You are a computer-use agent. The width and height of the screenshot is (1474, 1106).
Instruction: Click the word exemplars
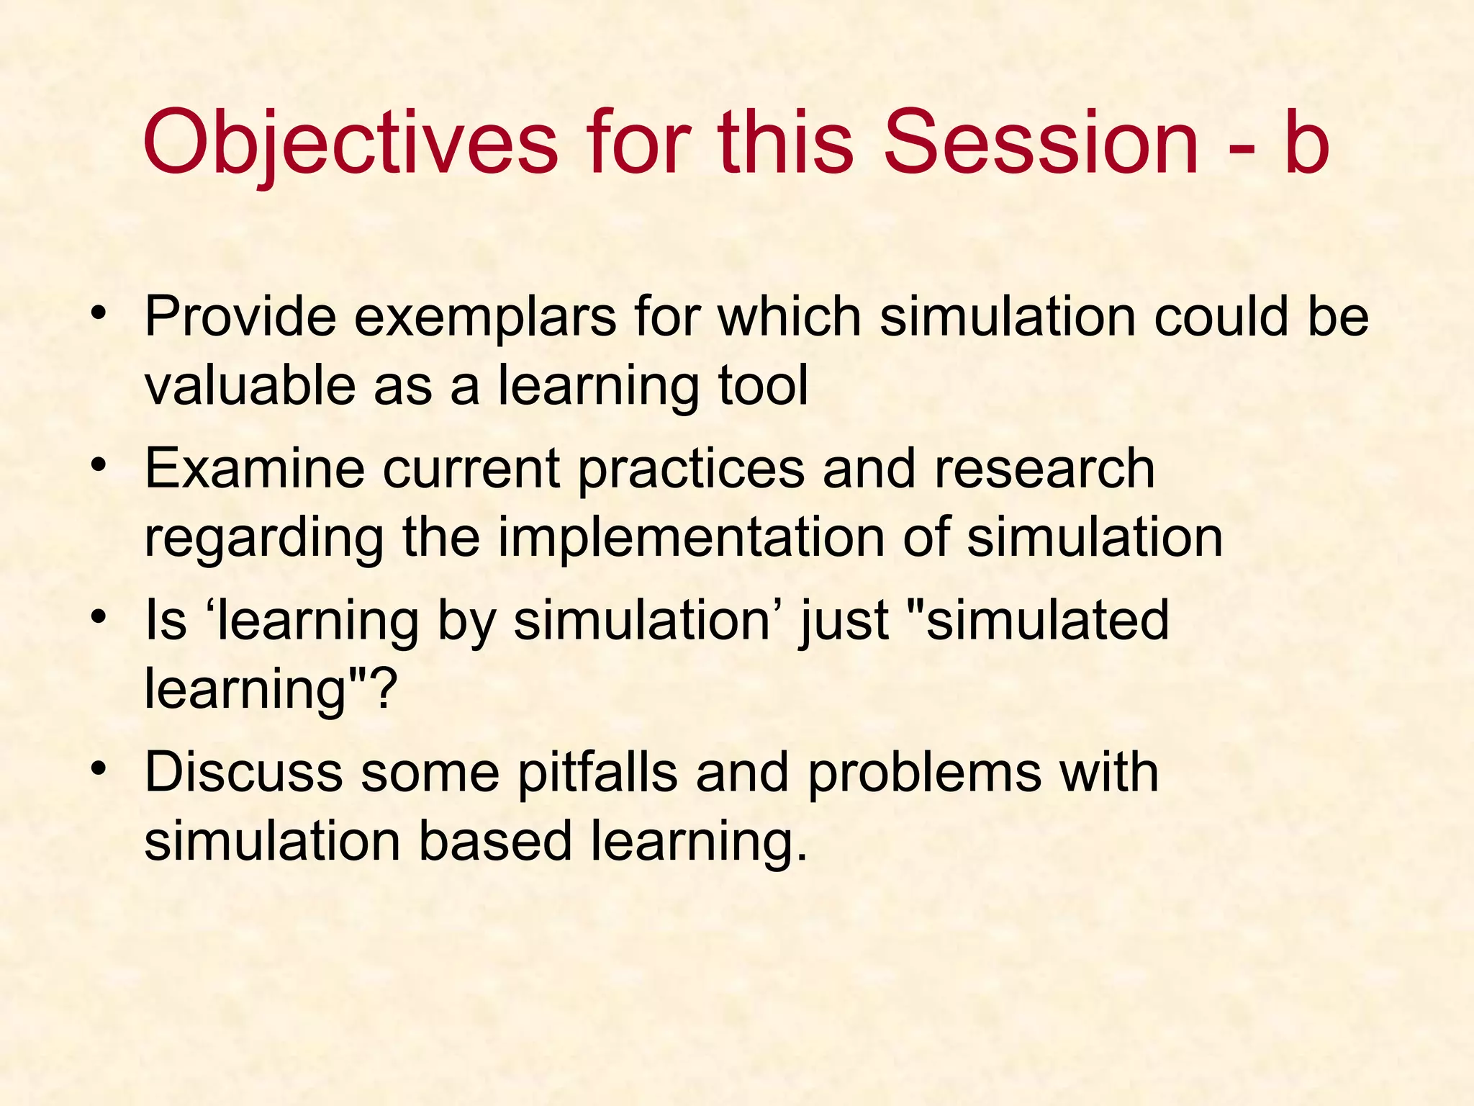click(x=484, y=318)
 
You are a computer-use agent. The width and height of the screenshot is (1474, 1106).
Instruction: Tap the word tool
click(x=763, y=385)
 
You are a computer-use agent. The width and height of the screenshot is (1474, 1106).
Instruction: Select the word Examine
click(x=255, y=469)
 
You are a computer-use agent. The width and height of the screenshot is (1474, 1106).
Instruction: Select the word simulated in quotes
click(x=1046, y=621)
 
